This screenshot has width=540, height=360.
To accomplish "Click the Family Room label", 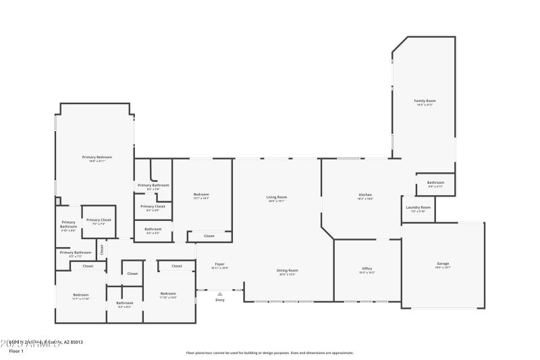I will coord(425,101).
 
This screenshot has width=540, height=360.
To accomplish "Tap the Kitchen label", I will coord(365,195).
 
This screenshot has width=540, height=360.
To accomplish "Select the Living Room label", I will coord(277,197).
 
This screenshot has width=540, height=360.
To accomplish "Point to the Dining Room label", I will coord(288,270).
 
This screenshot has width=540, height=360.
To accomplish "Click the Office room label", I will coord(367,269).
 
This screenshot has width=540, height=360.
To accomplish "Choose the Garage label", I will coord(443,263).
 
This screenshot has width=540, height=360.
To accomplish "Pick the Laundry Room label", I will coord(418,207).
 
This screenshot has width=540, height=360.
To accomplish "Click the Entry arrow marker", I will coord(219,294).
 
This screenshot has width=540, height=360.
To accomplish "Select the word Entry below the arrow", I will coord(219,300).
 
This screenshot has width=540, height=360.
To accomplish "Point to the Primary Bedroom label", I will coord(97,157).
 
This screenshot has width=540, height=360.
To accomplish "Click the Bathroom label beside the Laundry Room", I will coord(435,182).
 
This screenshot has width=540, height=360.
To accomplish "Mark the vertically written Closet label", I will coord(102,249).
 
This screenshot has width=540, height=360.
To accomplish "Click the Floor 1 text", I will coord(16,351).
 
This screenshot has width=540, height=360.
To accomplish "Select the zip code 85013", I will coord(75,343).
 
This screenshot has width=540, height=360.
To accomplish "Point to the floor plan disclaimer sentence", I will coord(269,353).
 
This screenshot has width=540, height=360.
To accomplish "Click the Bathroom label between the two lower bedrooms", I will coord(125,303).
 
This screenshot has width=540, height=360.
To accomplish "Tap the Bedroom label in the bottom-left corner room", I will coord(81,294).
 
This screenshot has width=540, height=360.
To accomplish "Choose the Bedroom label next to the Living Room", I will coord(201,195).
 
